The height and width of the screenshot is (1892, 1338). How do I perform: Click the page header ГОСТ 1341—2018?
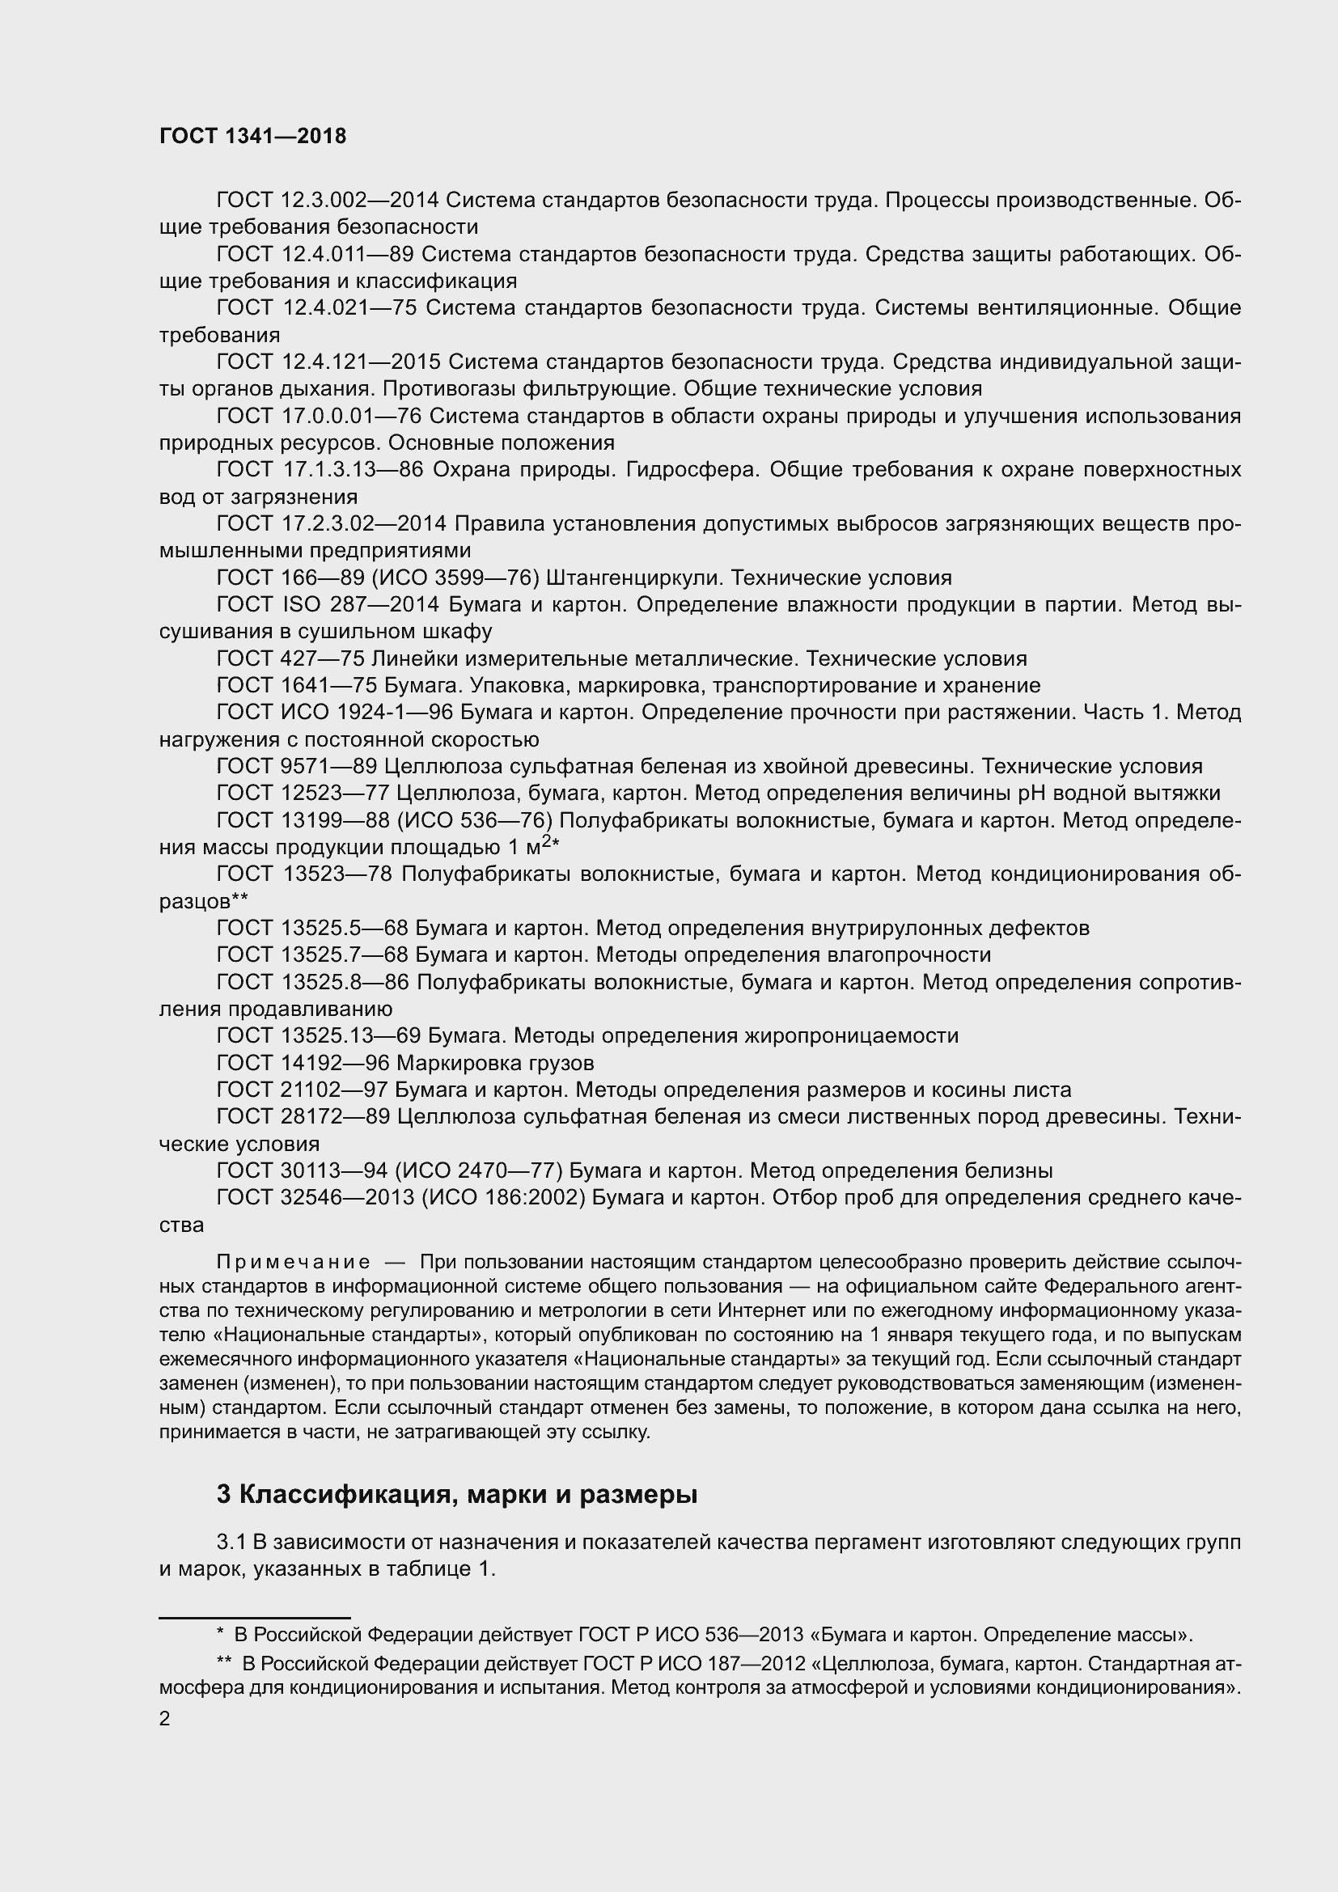[x=252, y=137]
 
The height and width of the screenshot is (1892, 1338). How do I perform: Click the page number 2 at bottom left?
[x=165, y=1719]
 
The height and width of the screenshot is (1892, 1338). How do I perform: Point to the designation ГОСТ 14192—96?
[x=303, y=1064]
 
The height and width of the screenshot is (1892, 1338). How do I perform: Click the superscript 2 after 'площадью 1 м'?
[x=546, y=841]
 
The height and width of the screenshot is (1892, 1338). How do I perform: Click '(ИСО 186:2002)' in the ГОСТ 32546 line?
[x=503, y=1198]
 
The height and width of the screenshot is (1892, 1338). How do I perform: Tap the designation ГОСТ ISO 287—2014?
[x=328, y=606]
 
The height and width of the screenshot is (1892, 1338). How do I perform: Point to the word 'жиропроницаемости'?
[x=851, y=1037]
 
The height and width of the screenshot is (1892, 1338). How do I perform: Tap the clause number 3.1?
[x=231, y=1542]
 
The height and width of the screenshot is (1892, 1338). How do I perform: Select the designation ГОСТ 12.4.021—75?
[x=316, y=309]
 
